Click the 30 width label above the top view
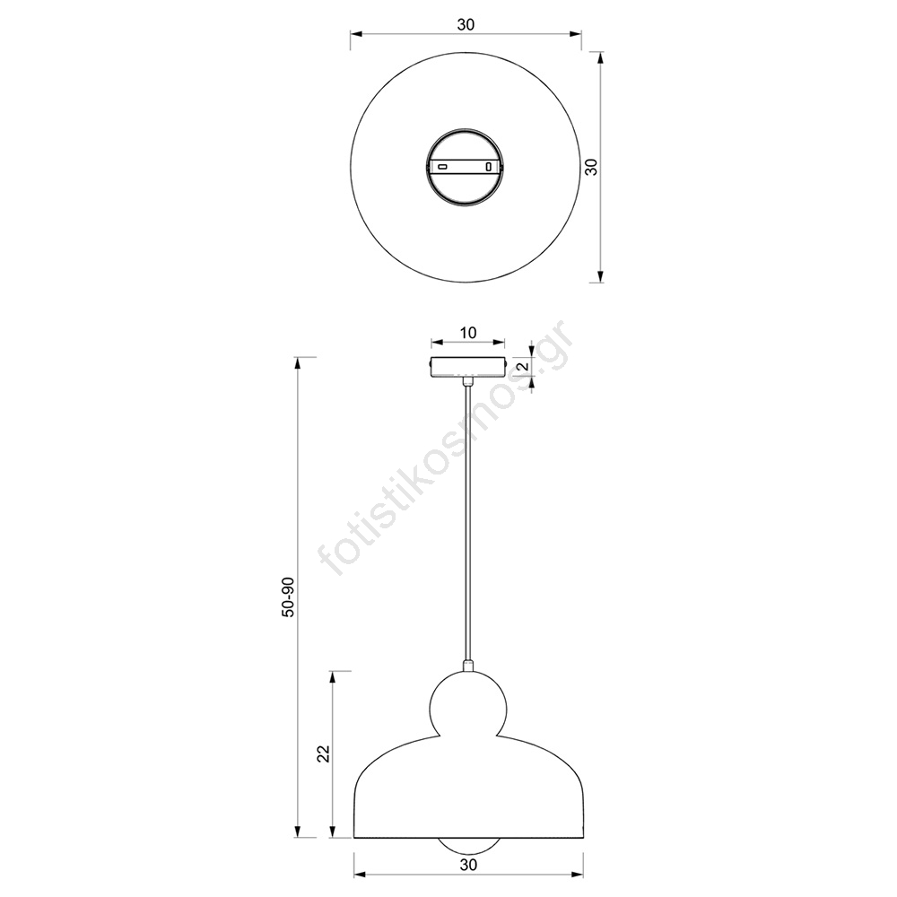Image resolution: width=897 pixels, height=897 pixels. (466, 24)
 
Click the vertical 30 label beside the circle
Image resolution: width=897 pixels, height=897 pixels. (592, 167)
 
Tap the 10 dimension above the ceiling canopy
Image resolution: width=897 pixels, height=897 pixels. (468, 333)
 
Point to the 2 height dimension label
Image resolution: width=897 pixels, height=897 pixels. (521, 367)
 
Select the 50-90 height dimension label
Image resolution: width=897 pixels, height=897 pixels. (289, 597)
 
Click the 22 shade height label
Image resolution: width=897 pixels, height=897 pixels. (323, 754)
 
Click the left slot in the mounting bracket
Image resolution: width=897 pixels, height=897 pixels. (443, 167)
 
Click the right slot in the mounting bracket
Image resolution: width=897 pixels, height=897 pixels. (488, 167)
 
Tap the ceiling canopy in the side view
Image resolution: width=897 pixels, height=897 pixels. (468, 366)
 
